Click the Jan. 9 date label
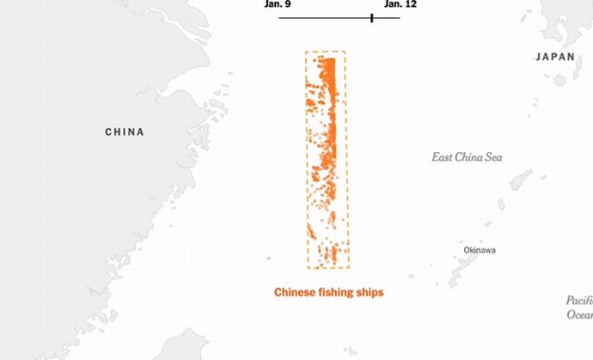tap(278, 4)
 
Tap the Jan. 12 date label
tap(400, 4)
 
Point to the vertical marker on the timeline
tap(371, 17)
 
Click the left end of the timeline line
tap(279, 17)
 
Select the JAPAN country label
tap(554, 57)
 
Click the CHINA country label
tap(125, 132)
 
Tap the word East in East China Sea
tap(443, 157)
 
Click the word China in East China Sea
tap(470, 157)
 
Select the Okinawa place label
tap(480, 250)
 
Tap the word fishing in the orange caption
tap(339, 293)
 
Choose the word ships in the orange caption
tap(370, 293)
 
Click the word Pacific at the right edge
tap(579, 301)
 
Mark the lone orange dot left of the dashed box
tap(269, 258)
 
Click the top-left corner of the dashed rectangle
tap(306, 52)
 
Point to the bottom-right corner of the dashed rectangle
tap(349, 267)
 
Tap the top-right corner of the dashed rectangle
tap(345, 52)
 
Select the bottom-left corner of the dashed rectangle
tap(308, 267)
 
